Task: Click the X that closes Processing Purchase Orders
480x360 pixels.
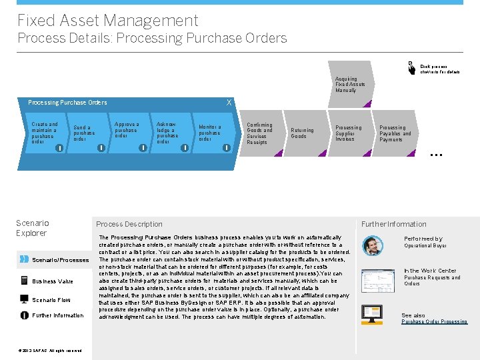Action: [229, 102]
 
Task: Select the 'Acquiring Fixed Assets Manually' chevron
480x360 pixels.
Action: [350, 85]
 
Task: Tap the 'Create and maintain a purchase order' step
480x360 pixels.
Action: [45, 133]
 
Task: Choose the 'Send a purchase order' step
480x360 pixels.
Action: [84, 133]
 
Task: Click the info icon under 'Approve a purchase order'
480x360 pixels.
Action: [143, 147]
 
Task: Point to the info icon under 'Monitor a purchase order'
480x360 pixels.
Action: [227, 147]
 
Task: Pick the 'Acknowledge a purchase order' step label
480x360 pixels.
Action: [167, 133]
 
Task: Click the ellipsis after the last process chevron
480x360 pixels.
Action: [437, 154]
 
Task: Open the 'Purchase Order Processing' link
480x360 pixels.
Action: [434, 322]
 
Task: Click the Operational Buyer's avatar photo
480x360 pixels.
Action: [373, 245]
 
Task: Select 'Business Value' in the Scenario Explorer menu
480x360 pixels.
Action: [53, 281]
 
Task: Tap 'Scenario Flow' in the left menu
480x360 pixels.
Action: [51, 300]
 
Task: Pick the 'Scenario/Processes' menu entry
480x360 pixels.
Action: [60, 260]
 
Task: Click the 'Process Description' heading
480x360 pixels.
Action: [129, 224]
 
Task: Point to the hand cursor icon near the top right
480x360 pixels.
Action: [411, 67]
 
